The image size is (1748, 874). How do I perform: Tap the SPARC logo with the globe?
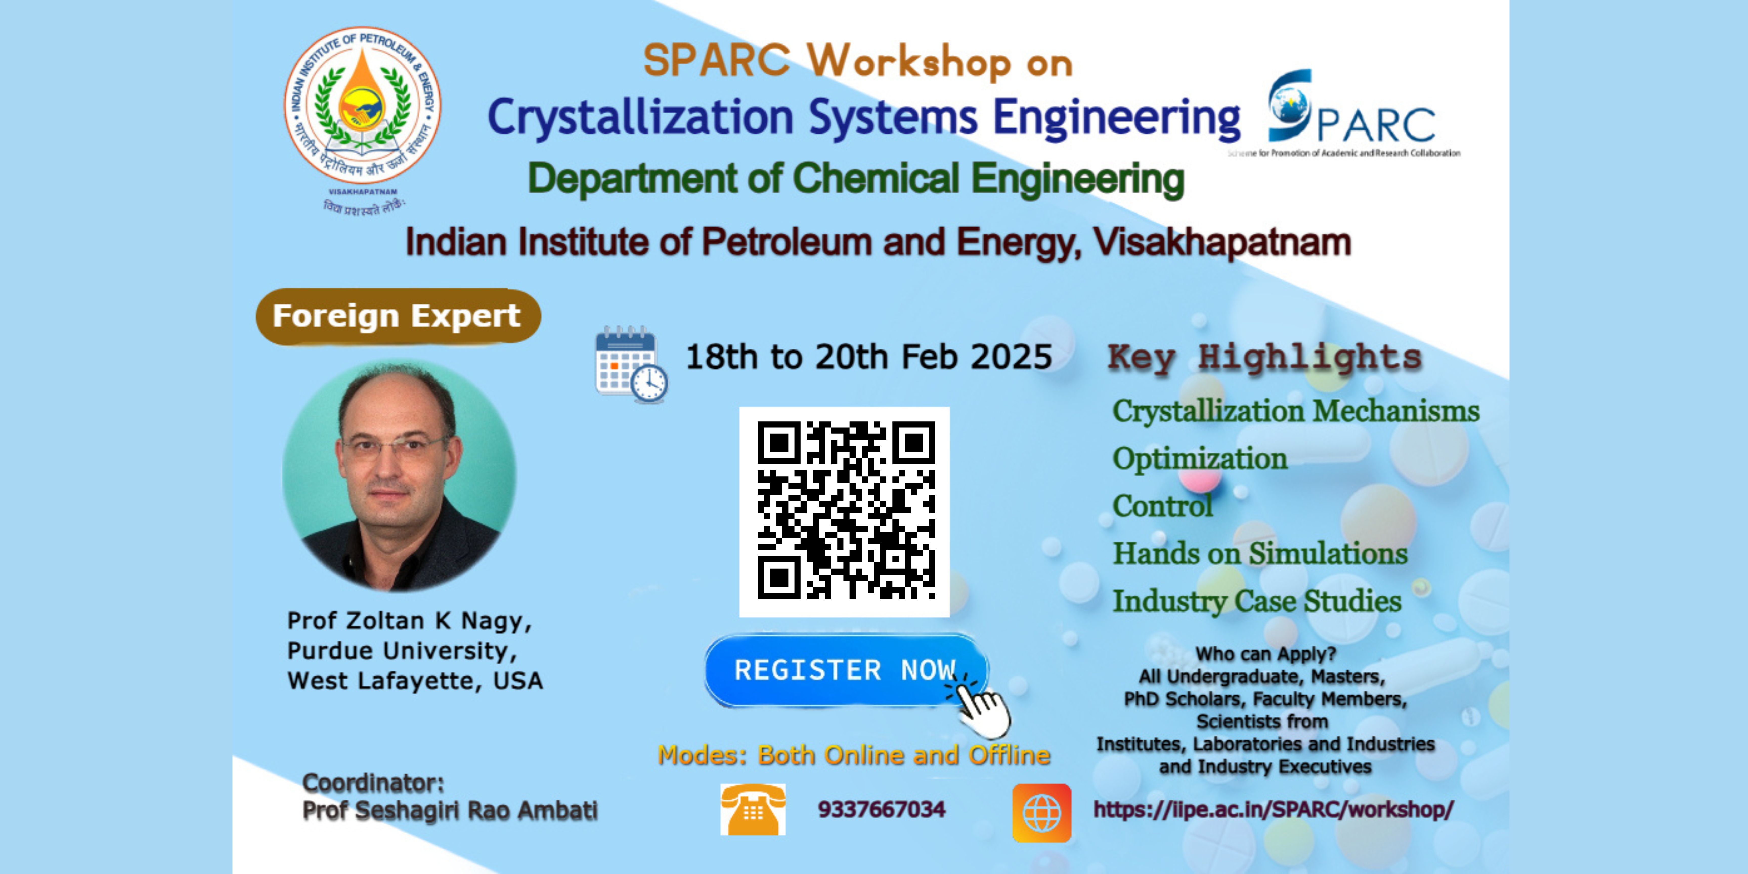[1350, 112]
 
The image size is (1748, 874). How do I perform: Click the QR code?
[844, 512]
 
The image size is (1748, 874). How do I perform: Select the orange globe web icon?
[1042, 812]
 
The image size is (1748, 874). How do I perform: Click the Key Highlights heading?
[1265, 358]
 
